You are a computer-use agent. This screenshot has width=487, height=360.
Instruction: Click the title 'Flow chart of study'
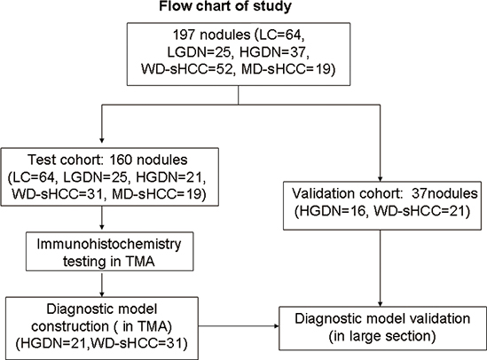pyautogui.click(x=225, y=6)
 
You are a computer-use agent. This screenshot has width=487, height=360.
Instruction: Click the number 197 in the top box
pyautogui.click(x=184, y=35)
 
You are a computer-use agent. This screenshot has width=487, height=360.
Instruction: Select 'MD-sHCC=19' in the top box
pyautogui.click(x=288, y=69)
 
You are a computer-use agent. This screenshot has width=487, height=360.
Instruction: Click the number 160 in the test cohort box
pyautogui.click(x=121, y=160)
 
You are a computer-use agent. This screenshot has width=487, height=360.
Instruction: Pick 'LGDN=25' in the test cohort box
pyautogui.click(x=96, y=177)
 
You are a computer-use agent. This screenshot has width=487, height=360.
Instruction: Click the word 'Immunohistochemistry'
pyautogui.click(x=109, y=244)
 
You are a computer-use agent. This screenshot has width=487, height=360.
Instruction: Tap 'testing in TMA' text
pyautogui.click(x=109, y=262)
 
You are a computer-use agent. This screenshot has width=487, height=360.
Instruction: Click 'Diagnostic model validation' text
pyautogui.click(x=382, y=318)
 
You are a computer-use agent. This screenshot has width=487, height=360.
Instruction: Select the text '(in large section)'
pyautogui.click(x=382, y=336)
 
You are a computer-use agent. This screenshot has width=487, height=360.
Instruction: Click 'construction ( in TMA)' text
pyautogui.click(x=102, y=326)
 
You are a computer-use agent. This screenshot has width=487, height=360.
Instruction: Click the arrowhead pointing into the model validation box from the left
pyautogui.click(x=276, y=326)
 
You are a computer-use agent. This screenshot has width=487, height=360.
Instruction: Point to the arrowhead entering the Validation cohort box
pyautogui.click(x=380, y=178)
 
